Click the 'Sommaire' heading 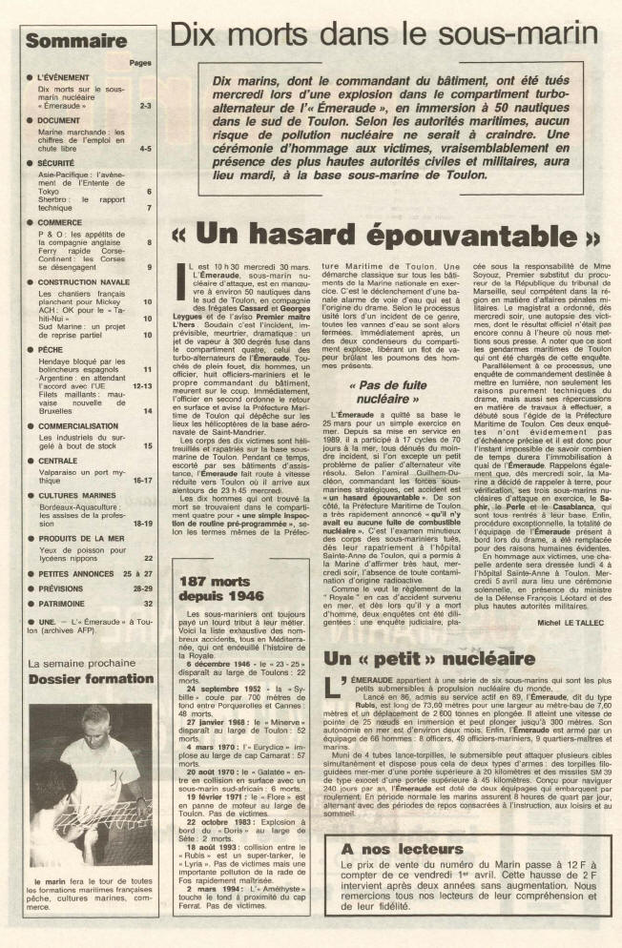(75, 42)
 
